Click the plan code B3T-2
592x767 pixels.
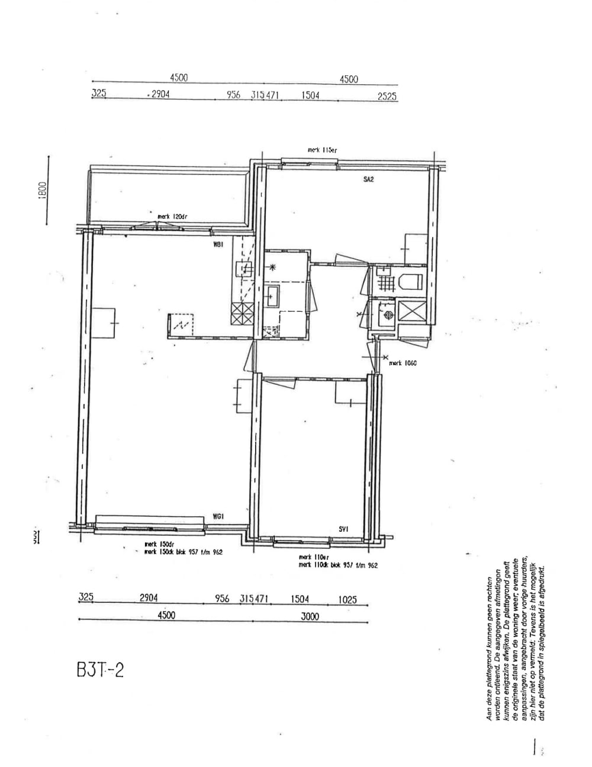(x=100, y=671)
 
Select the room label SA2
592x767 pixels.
(x=368, y=179)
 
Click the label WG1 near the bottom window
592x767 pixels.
(x=217, y=517)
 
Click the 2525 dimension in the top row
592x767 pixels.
(x=387, y=96)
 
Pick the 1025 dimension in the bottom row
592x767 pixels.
(x=348, y=599)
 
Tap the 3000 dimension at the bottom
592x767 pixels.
(x=309, y=616)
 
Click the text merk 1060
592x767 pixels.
(x=403, y=363)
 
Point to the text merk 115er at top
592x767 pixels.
(x=322, y=151)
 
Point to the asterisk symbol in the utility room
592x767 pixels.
(x=273, y=267)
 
